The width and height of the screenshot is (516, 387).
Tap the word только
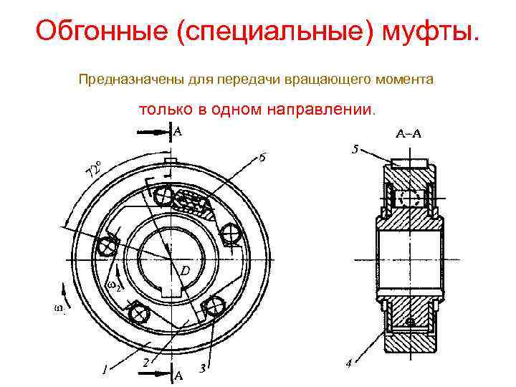(163, 111)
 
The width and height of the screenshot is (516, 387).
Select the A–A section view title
(409, 134)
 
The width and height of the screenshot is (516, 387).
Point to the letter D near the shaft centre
(184, 272)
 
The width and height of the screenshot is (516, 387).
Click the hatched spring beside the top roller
(191, 204)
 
